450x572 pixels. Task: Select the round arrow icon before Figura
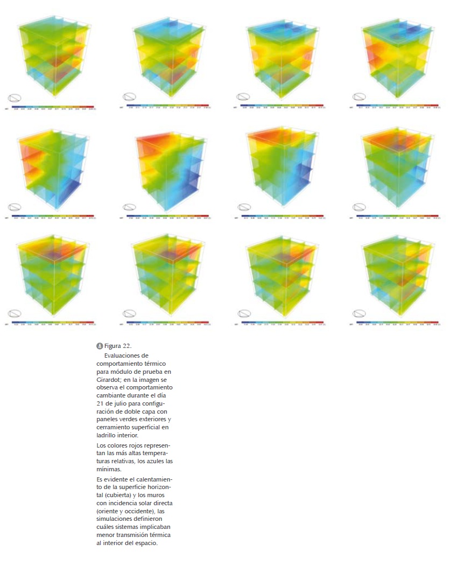coord(99,346)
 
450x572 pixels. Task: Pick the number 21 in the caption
coord(101,403)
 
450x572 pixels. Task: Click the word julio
coord(120,403)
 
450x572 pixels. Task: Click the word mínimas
coord(109,469)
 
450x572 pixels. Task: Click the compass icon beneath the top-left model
coord(15,98)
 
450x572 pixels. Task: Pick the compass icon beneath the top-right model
coord(359,97)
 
